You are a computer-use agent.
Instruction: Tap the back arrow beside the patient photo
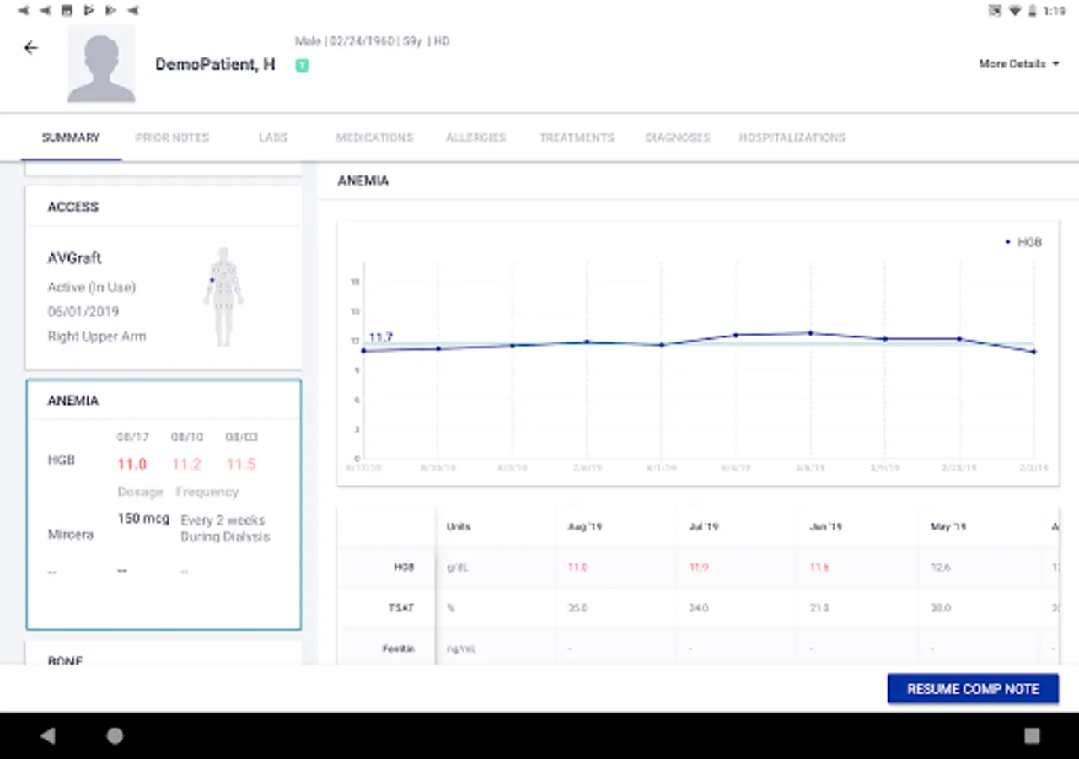[31, 48]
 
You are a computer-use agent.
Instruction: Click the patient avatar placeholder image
[101, 63]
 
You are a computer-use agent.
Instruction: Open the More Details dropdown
[1018, 64]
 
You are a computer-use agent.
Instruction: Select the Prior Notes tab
[172, 137]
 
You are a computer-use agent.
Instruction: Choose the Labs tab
[273, 137]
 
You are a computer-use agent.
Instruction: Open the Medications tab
[374, 137]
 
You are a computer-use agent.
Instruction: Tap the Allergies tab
[475, 137]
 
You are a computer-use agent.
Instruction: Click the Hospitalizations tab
[792, 137]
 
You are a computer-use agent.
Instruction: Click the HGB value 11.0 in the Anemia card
[132, 465]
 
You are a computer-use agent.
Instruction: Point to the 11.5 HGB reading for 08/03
[240, 465]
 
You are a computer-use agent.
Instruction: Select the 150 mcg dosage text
[143, 519]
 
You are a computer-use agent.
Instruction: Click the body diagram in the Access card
[223, 297]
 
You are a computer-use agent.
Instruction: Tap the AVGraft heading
[74, 259]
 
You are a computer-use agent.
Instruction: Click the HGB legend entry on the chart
[1024, 242]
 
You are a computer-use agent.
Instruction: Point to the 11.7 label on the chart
[381, 337]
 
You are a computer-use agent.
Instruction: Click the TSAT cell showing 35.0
[577, 608]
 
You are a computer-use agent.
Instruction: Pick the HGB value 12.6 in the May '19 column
[941, 568]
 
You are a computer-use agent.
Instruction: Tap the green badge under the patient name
[302, 66]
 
